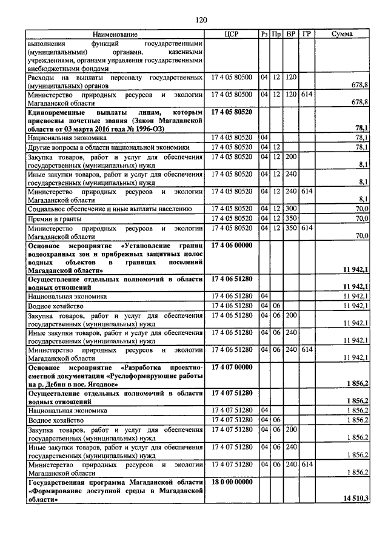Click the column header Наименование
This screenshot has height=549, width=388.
click(115, 35)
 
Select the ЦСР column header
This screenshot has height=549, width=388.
click(233, 35)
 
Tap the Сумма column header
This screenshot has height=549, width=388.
click(342, 35)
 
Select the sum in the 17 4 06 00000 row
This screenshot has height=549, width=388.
click(356, 269)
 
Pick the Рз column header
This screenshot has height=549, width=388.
click(264, 35)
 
